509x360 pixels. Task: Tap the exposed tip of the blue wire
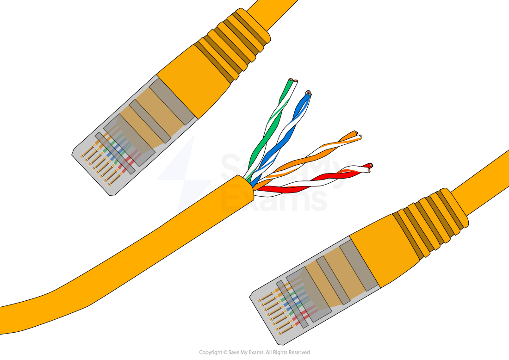[x=308, y=93]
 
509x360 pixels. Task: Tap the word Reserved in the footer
[x=299, y=352]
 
